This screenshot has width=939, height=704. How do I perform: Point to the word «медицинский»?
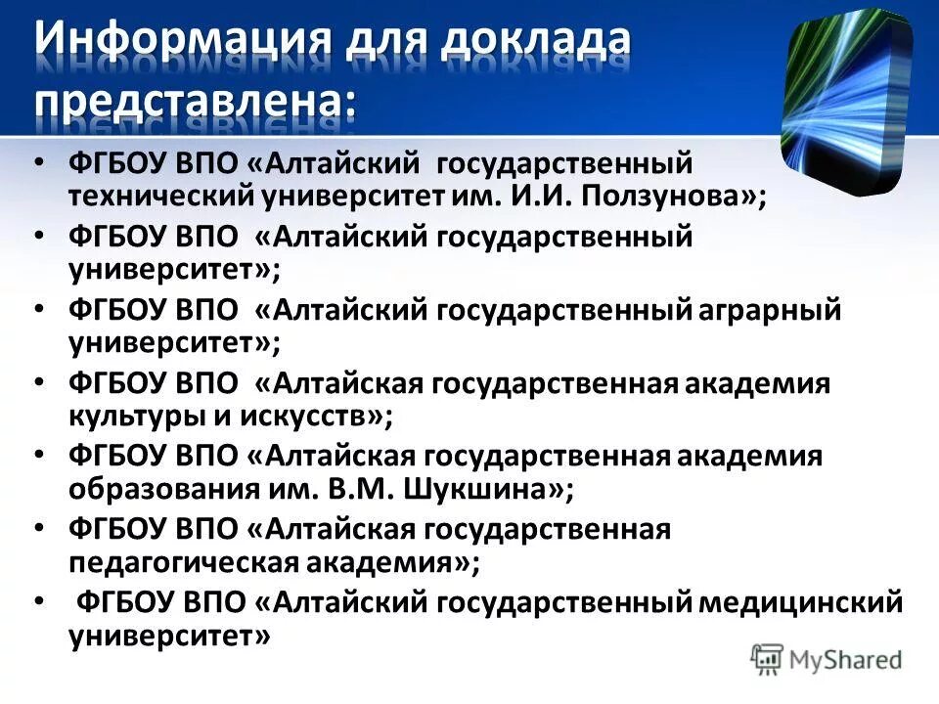(x=802, y=602)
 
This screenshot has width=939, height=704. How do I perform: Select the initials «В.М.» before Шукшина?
(x=378, y=489)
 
